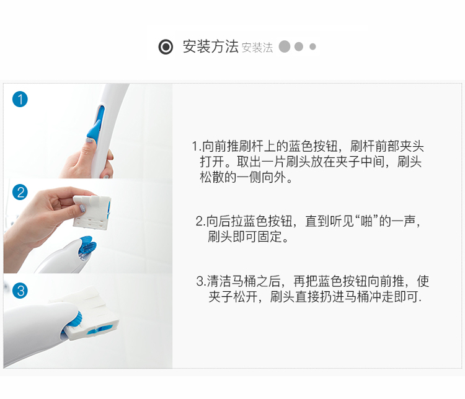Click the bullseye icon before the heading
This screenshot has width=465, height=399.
pyautogui.click(x=166, y=46)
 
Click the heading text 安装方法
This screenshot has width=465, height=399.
pyautogui.click(x=210, y=46)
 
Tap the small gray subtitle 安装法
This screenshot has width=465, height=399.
pyautogui.click(x=257, y=48)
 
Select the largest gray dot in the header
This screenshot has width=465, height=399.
pyautogui.click(x=285, y=46)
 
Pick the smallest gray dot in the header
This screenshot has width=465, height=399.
pyautogui.click(x=312, y=46)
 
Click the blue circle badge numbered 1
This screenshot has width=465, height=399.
pyautogui.click(x=20, y=99)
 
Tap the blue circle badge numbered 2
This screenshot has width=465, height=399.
pyautogui.click(x=20, y=192)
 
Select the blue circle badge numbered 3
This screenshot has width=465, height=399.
pyautogui.click(x=20, y=290)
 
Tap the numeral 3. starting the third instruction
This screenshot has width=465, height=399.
pyautogui.click(x=201, y=281)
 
